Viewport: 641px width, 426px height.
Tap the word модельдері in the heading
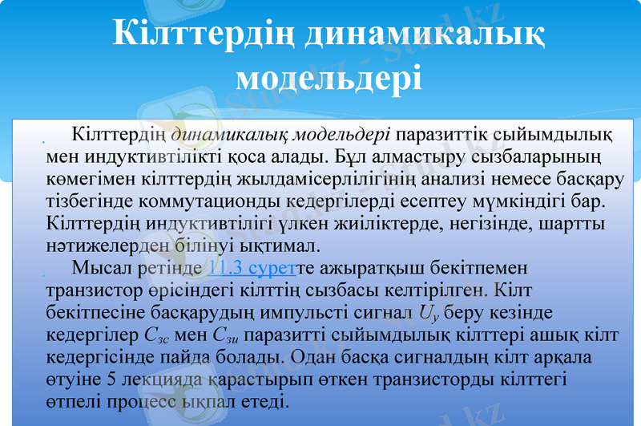tap(329, 78)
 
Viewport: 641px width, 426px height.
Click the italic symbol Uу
tap(427, 312)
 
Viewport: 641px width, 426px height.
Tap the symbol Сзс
tap(156, 334)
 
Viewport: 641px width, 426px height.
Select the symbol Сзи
tap(232, 334)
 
